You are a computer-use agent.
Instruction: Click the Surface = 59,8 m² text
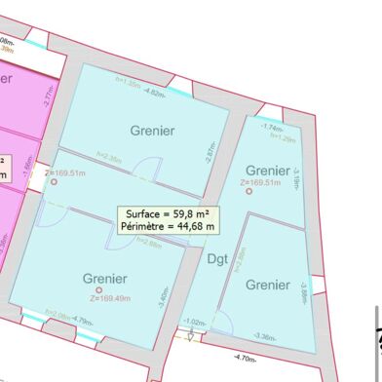pyautogui.click(x=169, y=213)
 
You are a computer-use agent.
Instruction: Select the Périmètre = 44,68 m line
pyautogui.click(x=169, y=227)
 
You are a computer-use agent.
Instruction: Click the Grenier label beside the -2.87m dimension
pyautogui.click(x=152, y=130)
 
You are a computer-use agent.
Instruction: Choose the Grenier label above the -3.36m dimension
pyautogui.click(x=267, y=285)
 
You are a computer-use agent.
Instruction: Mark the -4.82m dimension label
pyautogui.click(x=154, y=93)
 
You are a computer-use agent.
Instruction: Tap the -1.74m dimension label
pyautogui.click(x=273, y=128)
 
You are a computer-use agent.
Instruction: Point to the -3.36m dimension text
pyautogui.click(x=263, y=336)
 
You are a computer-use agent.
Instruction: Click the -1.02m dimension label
pyautogui.click(x=194, y=321)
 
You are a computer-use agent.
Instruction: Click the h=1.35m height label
pyautogui.click(x=129, y=84)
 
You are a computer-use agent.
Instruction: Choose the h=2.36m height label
pyautogui.click(x=109, y=156)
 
